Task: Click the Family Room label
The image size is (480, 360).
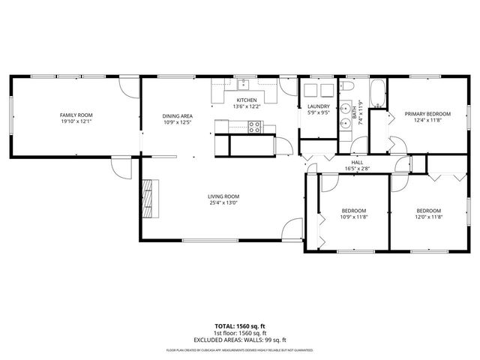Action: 75,115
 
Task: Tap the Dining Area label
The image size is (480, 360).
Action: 178,115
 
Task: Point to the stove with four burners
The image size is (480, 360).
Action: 254,127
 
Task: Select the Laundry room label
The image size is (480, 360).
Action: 319,106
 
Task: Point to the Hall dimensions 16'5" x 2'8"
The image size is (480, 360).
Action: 357,169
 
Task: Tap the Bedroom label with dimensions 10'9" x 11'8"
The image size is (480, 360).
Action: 353,211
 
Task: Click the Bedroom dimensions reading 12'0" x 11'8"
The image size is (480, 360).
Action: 428,217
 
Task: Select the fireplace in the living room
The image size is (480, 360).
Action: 152,197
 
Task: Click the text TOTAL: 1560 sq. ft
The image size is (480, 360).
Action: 240,326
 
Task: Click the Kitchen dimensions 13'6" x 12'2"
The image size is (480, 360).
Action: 247,106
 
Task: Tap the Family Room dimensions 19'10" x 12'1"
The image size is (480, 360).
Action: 75,121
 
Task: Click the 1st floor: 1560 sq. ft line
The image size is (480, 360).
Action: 240,332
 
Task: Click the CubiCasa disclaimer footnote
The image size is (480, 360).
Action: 240,350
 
